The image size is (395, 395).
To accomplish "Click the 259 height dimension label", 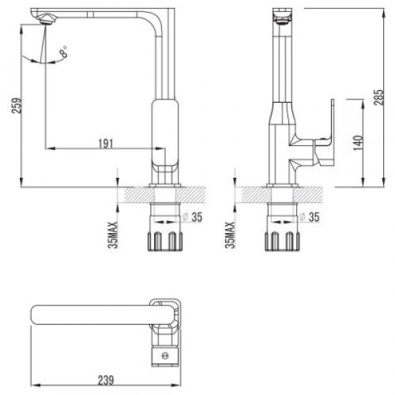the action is pos(17,106).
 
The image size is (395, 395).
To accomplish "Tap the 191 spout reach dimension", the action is pos(106,144).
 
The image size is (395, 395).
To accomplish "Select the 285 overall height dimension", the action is pos(379,97).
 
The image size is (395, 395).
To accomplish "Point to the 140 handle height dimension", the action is pos(358,143).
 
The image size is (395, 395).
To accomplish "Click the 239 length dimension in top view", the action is pos(106,380).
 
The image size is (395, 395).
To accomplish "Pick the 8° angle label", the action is pos(64,51).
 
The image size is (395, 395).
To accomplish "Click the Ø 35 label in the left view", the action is pos(193,217).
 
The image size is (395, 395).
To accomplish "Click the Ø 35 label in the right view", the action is pos(310,217).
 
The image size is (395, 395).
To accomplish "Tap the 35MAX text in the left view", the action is pos(113,235).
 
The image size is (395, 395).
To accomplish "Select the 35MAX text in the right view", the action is pos(230,235).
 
